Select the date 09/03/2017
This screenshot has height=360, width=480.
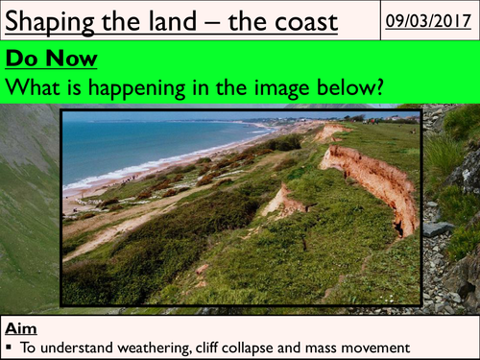(427, 19)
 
